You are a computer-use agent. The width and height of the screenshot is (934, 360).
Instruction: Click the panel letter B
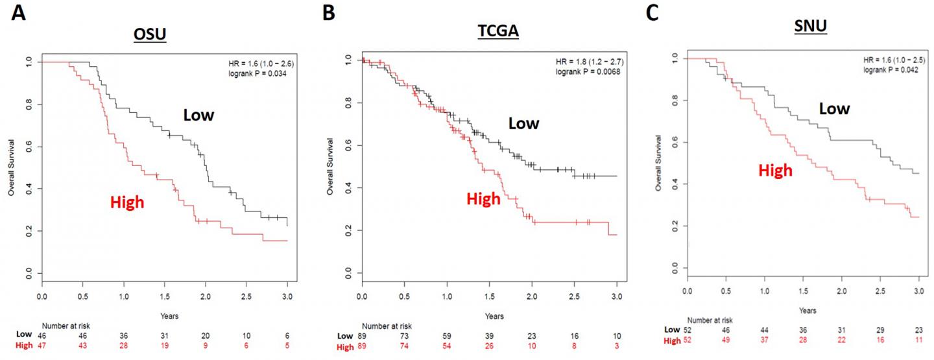pyautogui.click(x=329, y=12)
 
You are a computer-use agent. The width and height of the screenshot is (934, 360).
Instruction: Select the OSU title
pyautogui.click(x=151, y=36)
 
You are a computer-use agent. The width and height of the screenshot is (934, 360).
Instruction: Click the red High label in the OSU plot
pyautogui.click(x=127, y=202)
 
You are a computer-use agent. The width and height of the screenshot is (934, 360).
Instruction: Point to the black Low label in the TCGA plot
pyautogui.click(x=523, y=123)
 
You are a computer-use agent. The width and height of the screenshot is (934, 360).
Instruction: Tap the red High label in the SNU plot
pyautogui.click(x=776, y=171)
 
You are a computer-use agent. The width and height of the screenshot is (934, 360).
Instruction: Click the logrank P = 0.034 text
pyautogui.click(x=256, y=73)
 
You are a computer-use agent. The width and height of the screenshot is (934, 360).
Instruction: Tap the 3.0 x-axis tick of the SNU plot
pyautogui.click(x=918, y=291)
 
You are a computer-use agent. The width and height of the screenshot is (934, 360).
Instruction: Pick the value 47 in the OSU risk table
pyautogui.click(x=42, y=347)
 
